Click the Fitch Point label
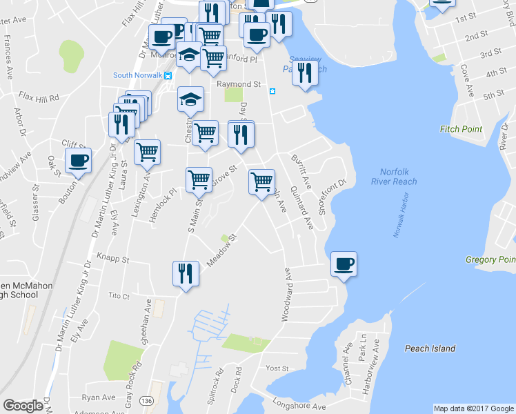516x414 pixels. (461, 129)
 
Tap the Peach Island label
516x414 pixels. (430, 348)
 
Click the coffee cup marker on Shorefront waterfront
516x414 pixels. (344, 264)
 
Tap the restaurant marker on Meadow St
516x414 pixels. (183, 274)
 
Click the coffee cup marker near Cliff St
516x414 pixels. (78, 161)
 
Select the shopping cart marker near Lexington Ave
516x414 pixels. (147, 152)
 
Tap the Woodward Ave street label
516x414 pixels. (285, 299)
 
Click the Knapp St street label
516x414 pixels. (113, 260)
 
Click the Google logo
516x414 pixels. (23, 405)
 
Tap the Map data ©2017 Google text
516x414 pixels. (474, 408)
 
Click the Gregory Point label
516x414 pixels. (490, 259)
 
